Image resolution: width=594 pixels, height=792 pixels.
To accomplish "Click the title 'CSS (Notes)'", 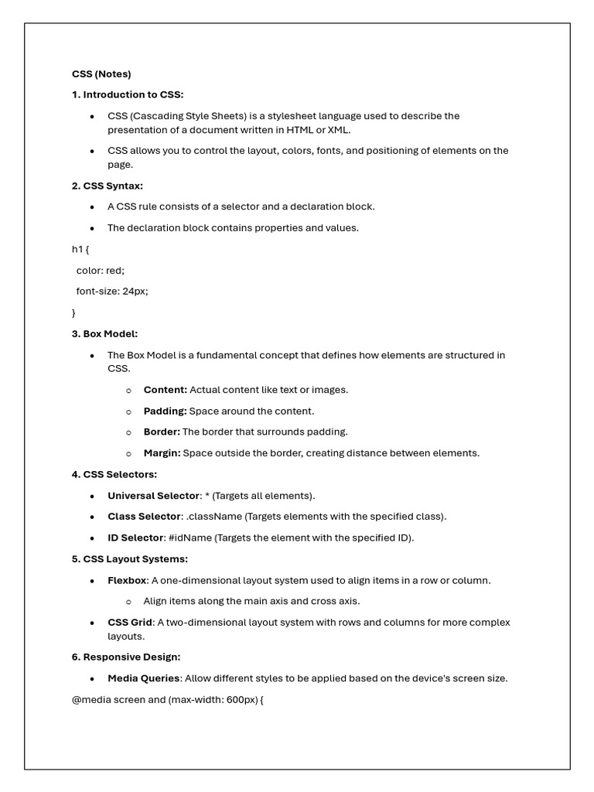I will point(101,74).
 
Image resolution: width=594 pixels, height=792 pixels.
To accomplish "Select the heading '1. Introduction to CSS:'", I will point(128,94).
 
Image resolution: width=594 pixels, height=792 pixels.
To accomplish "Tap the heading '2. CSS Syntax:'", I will point(108,186).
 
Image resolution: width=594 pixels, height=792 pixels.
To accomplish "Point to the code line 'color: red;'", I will point(100,270).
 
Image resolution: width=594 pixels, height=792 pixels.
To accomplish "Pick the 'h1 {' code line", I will point(80,249).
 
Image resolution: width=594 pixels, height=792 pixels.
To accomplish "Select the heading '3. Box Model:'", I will point(104,333).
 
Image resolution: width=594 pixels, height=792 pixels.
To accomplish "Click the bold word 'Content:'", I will point(165,390).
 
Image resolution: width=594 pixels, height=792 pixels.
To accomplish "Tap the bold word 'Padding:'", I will point(165,411).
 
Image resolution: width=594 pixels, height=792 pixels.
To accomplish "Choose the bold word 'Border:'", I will point(162,432).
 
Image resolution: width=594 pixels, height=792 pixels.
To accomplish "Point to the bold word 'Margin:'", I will point(162,453).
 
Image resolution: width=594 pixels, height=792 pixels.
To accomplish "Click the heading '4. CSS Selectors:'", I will point(114,474).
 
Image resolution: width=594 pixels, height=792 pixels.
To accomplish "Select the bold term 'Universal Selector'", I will point(153,496).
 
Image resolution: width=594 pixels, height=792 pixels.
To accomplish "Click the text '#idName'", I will point(190,538).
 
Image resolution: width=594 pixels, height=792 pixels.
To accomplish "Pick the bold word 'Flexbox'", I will point(127,580).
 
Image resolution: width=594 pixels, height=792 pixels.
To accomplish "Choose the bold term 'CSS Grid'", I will point(130,623).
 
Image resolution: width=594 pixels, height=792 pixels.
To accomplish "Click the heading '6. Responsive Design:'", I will point(125,657).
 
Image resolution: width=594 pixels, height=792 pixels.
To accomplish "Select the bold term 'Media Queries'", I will point(144,678).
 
